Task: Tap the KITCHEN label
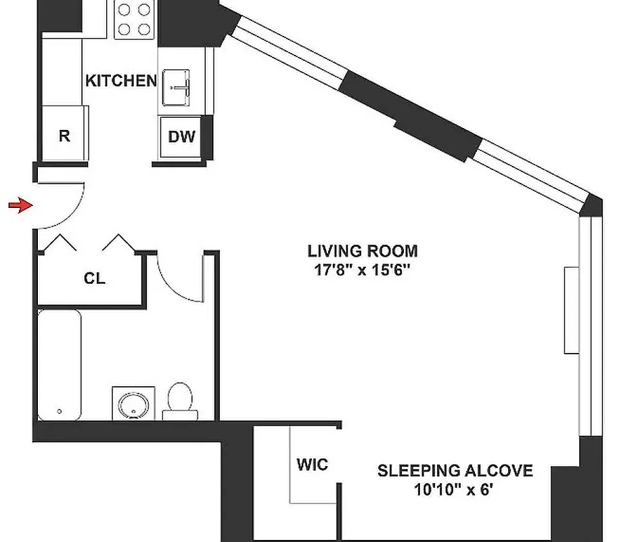pos(120,81)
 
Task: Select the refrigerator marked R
pos(64,135)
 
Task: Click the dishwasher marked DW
pos(181,137)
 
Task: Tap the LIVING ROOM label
pos(363,251)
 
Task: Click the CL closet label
pos(95,278)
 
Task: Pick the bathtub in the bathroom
pos(60,364)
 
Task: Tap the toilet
pos(180,400)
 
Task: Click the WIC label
pos(312,465)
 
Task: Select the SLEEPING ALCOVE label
pos(455,470)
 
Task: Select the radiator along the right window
pos(572,310)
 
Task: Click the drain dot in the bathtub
pos(60,411)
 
